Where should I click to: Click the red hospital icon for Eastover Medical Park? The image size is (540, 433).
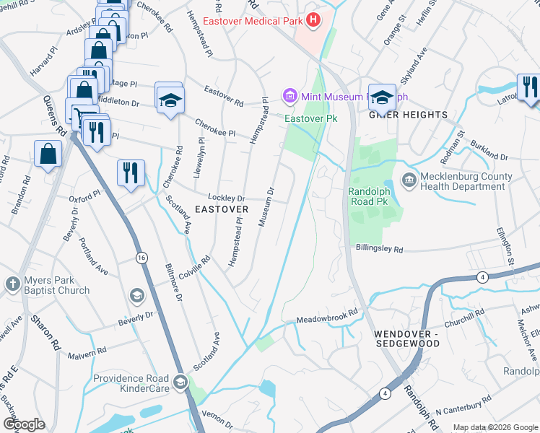coord(313,20)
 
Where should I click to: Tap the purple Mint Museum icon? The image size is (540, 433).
coord(290,95)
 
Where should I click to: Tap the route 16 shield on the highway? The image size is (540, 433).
coord(141,258)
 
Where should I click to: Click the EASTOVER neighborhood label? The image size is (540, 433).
coord(222,209)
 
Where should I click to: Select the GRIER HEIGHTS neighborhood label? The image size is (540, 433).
coord(409,115)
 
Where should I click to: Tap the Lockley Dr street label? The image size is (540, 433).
coord(227,197)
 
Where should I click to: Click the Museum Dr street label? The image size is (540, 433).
coord(266,207)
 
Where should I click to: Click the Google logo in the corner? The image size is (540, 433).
coord(24,424)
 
